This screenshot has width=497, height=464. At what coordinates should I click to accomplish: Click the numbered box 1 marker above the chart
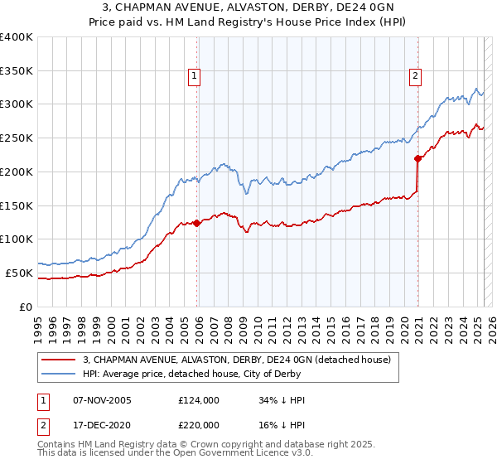(x=194, y=76)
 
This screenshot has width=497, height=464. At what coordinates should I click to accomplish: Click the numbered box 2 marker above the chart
(x=415, y=76)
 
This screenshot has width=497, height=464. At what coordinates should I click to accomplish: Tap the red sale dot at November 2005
(x=197, y=223)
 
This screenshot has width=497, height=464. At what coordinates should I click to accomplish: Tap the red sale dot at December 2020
(x=418, y=158)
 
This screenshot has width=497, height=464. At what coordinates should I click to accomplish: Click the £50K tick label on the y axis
(x=19, y=273)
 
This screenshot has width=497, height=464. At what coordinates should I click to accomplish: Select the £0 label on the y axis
(x=27, y=307)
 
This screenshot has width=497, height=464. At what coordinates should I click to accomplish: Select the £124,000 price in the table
(x=198, y=400)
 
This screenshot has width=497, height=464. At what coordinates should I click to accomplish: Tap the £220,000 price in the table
(x=198, y=423)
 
